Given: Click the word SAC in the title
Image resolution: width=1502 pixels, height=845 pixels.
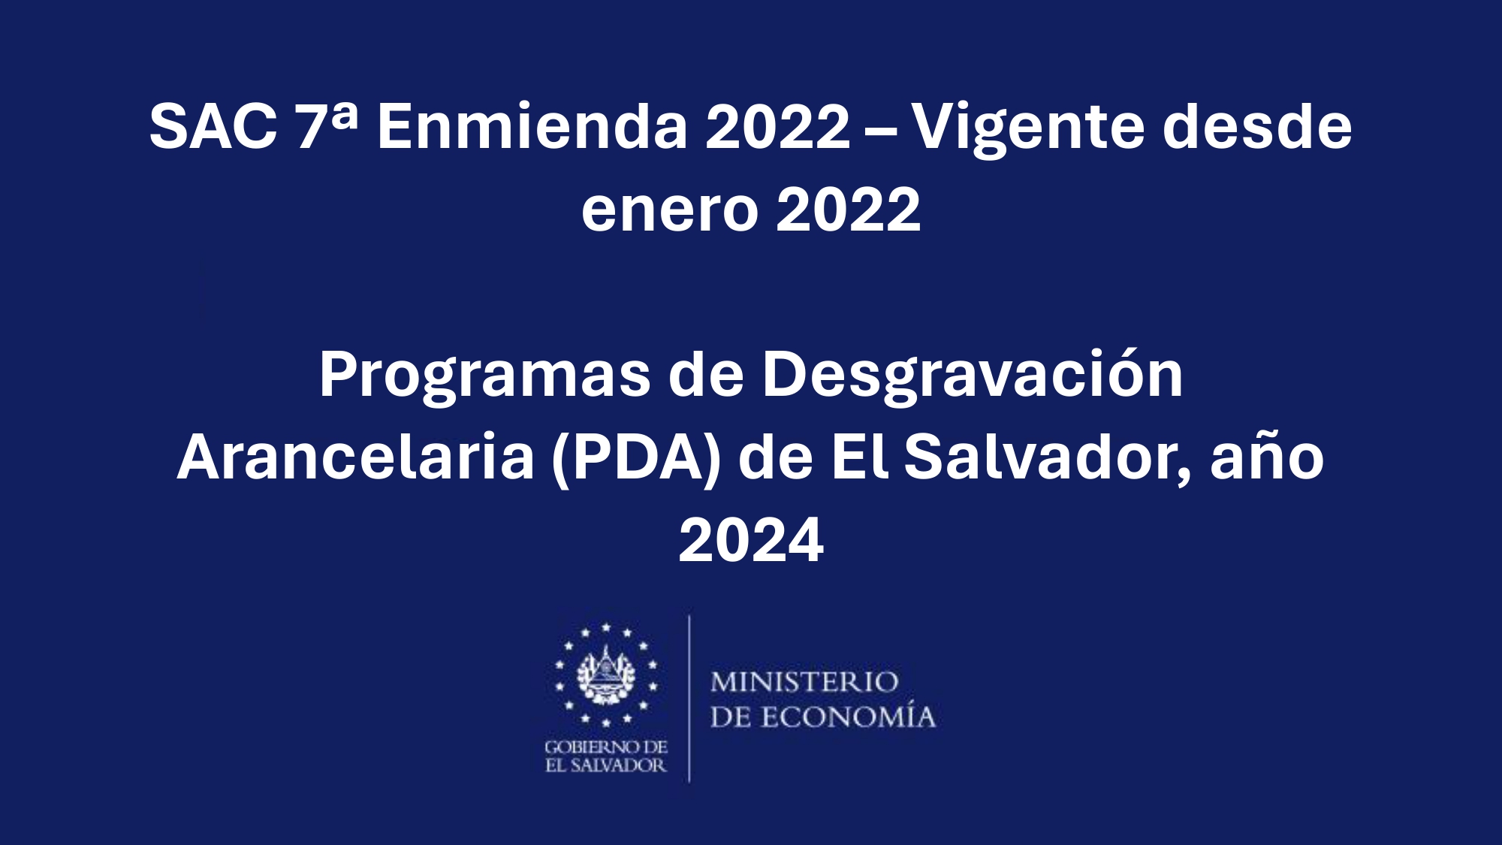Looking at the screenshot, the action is (213, 126).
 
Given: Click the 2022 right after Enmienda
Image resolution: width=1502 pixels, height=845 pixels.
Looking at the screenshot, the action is (777, 126).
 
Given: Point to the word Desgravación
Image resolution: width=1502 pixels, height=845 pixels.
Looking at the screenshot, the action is (973, 376).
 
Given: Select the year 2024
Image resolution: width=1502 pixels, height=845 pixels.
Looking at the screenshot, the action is (751, 539).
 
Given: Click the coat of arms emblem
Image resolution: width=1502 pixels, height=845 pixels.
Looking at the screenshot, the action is (606, 674).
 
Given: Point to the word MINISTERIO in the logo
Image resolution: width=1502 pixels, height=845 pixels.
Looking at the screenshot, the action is (804, 682).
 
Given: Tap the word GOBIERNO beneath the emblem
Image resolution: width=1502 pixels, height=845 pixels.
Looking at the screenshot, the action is (584, 747).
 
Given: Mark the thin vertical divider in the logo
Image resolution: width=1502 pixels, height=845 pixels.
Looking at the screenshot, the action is (689, 699).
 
